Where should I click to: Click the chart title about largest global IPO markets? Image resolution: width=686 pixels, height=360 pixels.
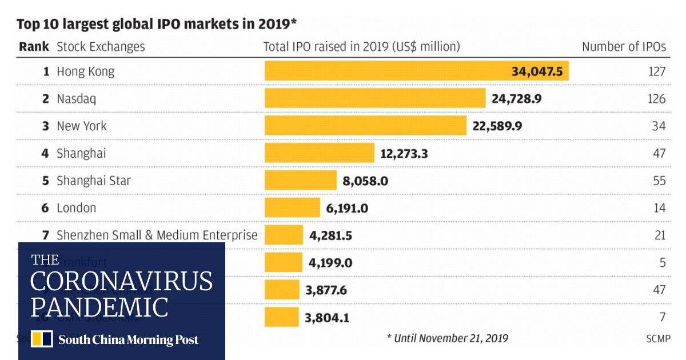(x=157, y=24)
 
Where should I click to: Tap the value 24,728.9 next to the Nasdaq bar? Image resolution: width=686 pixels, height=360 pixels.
(x=516, y=99)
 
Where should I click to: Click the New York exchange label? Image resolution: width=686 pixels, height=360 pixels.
(x=81, y=126)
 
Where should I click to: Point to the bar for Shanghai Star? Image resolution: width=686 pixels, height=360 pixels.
(x=301, y=181)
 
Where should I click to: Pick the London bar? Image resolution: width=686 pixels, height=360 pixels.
(x=292, y=208)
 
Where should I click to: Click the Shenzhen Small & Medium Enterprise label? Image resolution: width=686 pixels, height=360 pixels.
(x=157, y=235)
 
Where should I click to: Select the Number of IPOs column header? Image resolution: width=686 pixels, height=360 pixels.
(x=624, y=47)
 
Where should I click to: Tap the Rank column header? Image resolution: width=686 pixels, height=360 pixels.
(x=34, y=47)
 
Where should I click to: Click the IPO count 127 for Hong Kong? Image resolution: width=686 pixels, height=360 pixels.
(x=657, y=71)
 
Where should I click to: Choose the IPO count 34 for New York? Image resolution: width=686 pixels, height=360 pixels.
(x=659, y=126)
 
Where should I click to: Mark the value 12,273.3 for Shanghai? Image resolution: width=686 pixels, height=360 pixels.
(x=404, y=153)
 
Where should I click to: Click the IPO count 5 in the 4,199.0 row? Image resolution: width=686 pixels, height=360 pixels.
(x=662, y=263)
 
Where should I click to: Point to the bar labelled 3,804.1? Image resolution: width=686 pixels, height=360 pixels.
(x=281, y=317)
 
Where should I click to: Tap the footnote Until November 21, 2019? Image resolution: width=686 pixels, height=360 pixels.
(x=447, y=338)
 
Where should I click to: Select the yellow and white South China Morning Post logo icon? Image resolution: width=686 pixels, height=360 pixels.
(x=42, y=339)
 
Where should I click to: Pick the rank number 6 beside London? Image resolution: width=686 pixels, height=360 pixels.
(x=45, y=208)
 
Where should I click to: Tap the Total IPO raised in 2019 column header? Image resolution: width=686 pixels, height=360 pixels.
(x=361, y=47)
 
